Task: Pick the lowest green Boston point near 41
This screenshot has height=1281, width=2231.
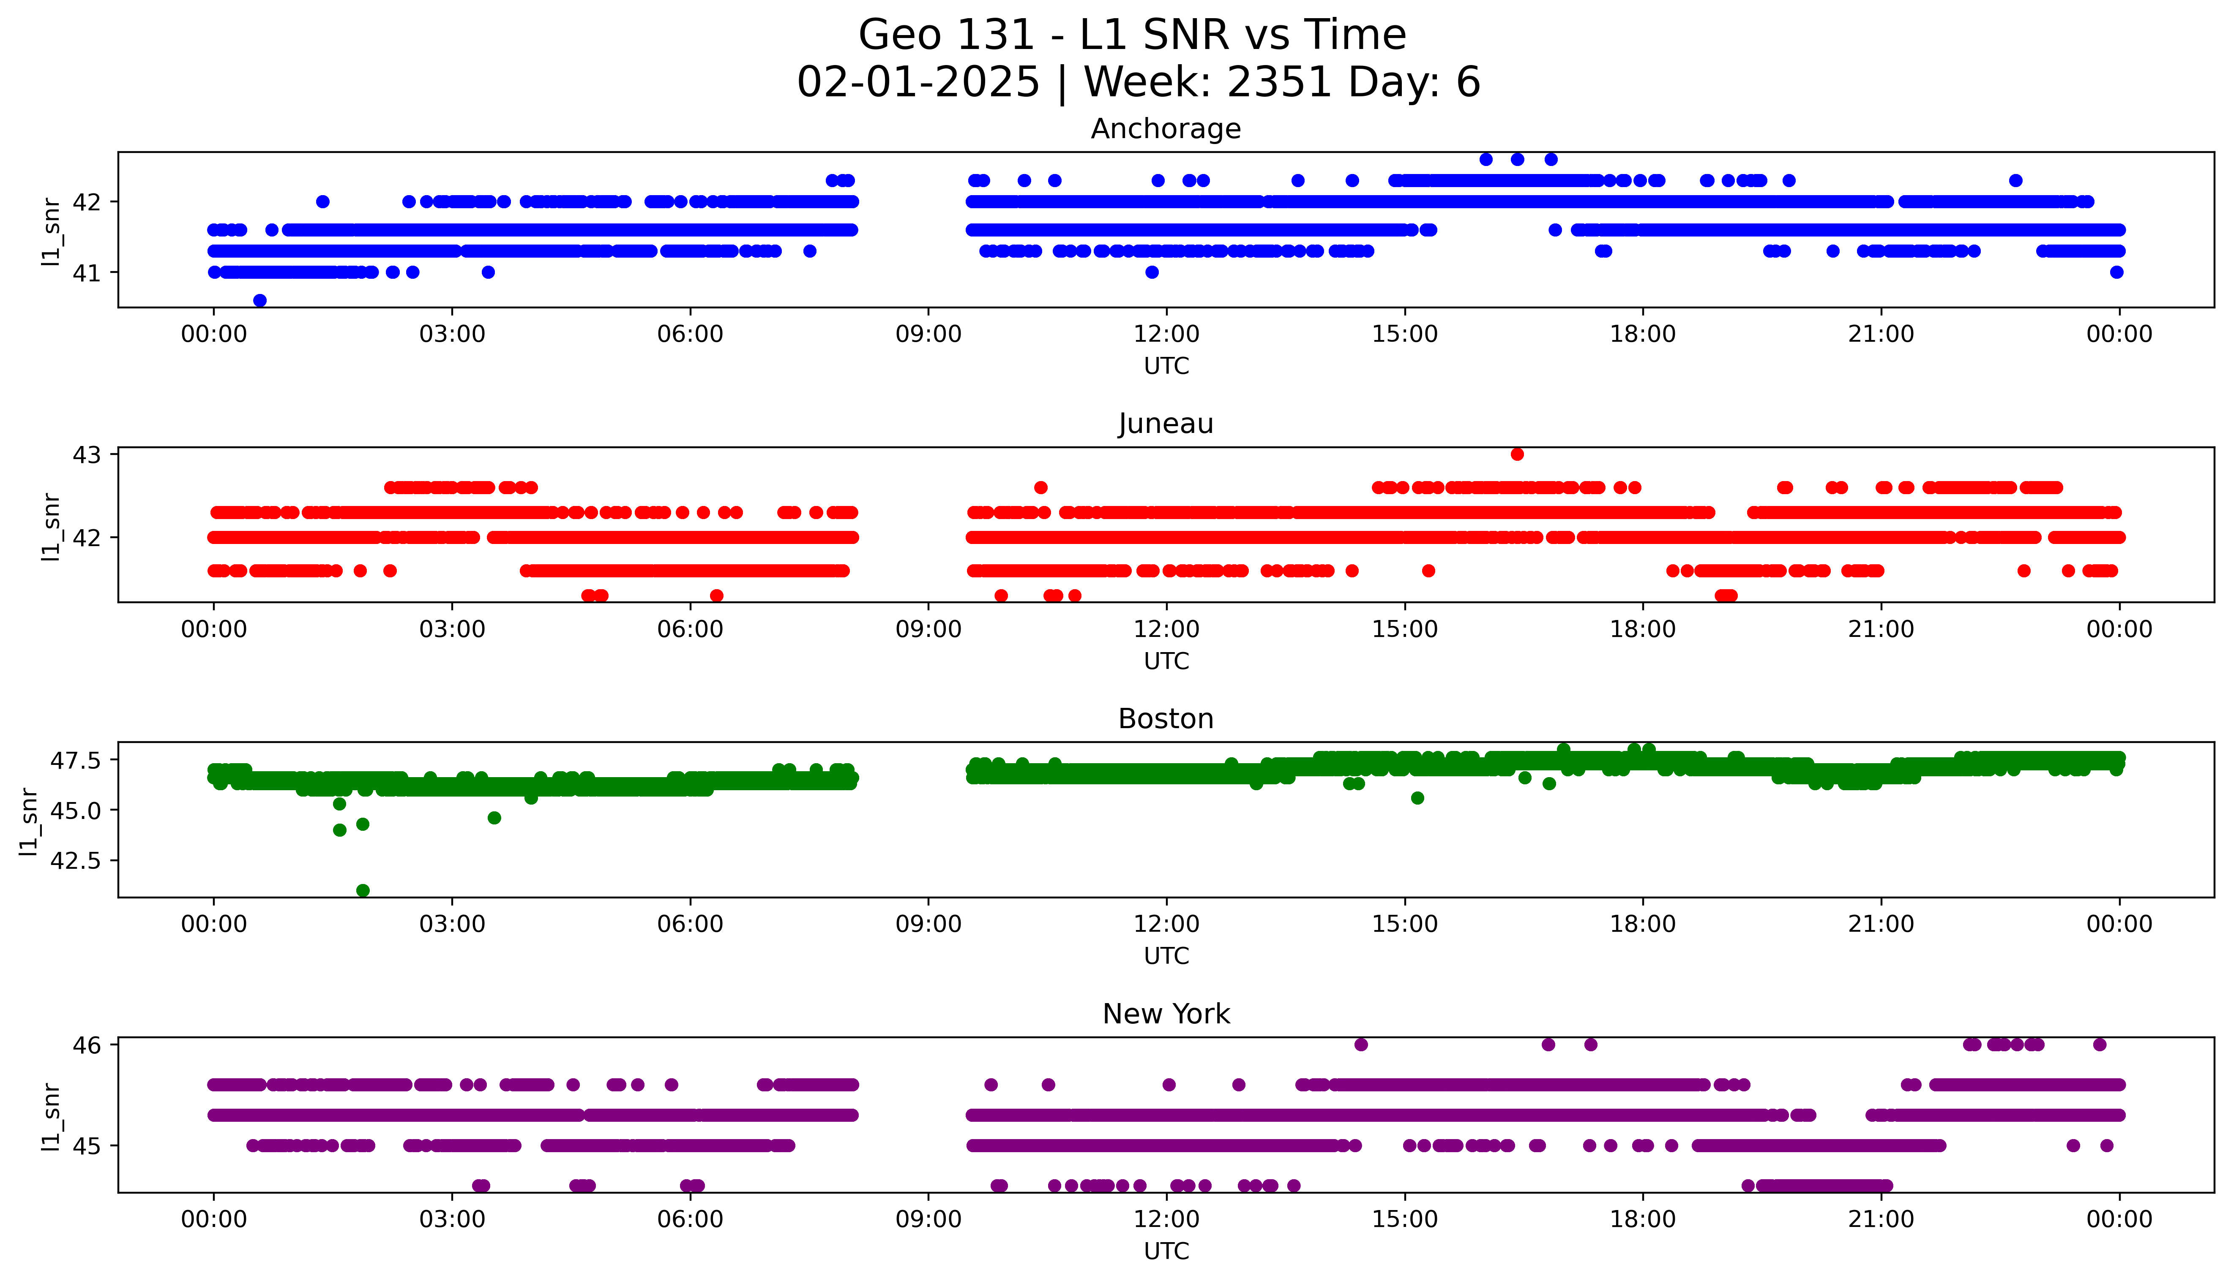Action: pyautogui.click(x=363, y=890)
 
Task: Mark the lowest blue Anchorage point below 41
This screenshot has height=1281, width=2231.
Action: pyautogui.click(x=259, y=300)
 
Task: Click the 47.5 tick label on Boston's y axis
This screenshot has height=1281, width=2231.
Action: pyautogui.click(x=76, y=759)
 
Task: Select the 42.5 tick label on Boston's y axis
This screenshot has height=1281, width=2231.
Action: pyautogui.click(x=76, y=860)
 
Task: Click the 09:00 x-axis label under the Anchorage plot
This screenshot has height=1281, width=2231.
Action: pyautogui.click(x=928, y=335)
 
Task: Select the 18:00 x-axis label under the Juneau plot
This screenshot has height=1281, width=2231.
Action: pyautogui.click(x=1643, y=629)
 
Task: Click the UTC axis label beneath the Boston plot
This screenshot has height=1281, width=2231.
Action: pyautogui.click(x=1166, y=955)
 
